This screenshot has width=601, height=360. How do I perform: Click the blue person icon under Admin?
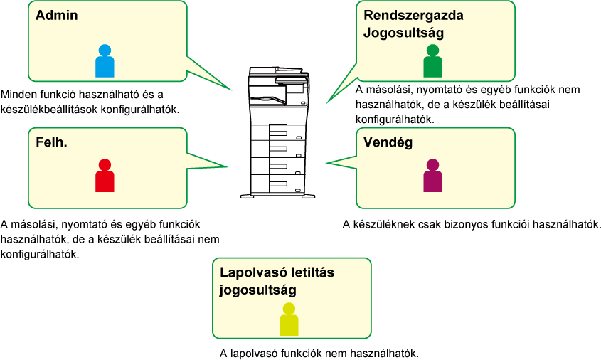click(105, 61)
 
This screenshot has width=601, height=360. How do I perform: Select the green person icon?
click(432, 61)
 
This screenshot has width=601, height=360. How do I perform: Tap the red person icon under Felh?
click(105, 175)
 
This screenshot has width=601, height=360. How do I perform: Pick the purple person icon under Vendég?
click(432, 175)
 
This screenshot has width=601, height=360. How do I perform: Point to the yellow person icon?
click(289, 319)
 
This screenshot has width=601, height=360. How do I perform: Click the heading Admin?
click(57, 16)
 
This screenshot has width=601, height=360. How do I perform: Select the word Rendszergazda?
click(413, 16)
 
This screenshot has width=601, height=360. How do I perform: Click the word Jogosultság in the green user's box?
click(403, 33)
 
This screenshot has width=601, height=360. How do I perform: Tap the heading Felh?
click(51, 142)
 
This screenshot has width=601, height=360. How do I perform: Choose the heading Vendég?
click(388, 142)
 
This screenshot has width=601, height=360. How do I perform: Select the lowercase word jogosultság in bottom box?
click(258, 290)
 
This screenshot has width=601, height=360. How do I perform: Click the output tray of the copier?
click(268, 100)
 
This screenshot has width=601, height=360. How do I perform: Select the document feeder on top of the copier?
click(279, 72)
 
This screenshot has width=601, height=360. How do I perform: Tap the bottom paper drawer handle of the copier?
click(298, 190)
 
